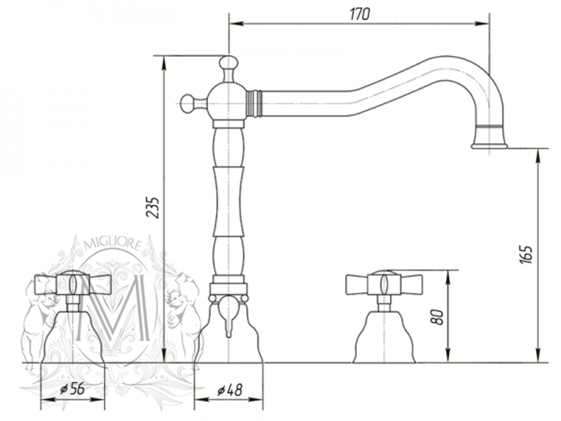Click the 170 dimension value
point(360,14)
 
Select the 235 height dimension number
point(152,207)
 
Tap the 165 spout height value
point(526,255)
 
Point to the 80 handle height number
point(437,317)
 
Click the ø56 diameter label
point(72,388)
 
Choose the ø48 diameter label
point(229,390)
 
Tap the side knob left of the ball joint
point(188,104)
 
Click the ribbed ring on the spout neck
point(254,103)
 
